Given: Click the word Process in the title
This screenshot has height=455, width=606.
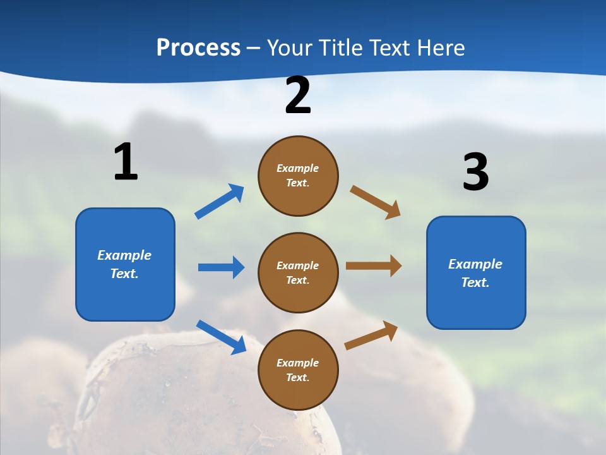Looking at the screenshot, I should [x=198, y=47].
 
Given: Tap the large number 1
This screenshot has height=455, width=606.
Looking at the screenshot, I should [x=126, y=162].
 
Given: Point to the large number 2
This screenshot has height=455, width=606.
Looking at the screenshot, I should [x=298, y=95].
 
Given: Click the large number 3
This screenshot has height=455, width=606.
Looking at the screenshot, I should [x=475, y=172].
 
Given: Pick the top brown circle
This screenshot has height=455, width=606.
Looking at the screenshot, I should [x=298, y=176].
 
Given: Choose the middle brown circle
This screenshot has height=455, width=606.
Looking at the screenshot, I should [x=298, y=272].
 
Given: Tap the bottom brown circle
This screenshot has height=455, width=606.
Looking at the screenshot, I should [x=298, y=370].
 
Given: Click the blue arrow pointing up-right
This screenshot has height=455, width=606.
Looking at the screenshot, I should [x=220, y=202].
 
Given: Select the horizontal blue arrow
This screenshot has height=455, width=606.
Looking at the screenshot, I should [x=221, y=267].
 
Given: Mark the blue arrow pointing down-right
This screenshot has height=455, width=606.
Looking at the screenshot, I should [x=221, y=337].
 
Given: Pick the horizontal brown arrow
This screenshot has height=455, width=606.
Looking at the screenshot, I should [x=374, y=266].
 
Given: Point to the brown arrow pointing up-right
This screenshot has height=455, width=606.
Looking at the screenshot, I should [x=372, y=336].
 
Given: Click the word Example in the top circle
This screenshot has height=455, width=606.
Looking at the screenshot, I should [x=297, y=168].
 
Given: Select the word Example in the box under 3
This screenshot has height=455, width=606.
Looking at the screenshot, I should [x=475, y=264].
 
